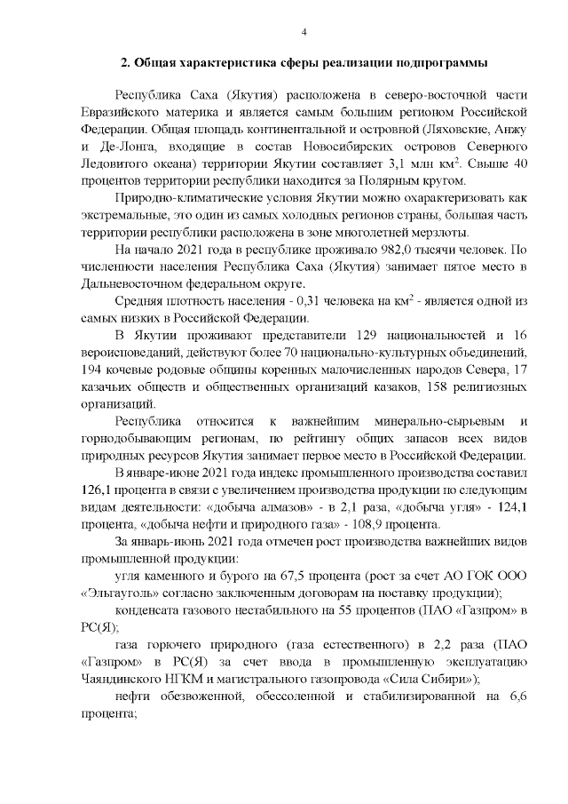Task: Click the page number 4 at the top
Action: [x=304, y=33]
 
